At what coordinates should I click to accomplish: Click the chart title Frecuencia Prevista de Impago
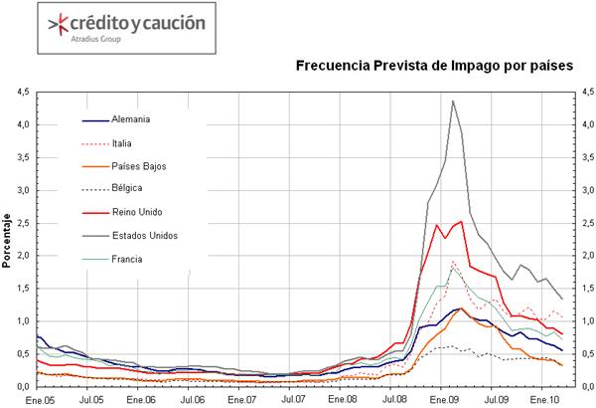[x=434, y=66]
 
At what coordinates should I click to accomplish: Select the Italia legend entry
[x=124, y=144]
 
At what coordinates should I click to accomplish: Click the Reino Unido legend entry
[x=138, y=212]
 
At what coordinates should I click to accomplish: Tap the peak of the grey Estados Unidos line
[x=453, y=101]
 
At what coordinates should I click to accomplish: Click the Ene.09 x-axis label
[x=443, y=398]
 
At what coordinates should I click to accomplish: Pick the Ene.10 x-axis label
[x=543, y=398]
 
